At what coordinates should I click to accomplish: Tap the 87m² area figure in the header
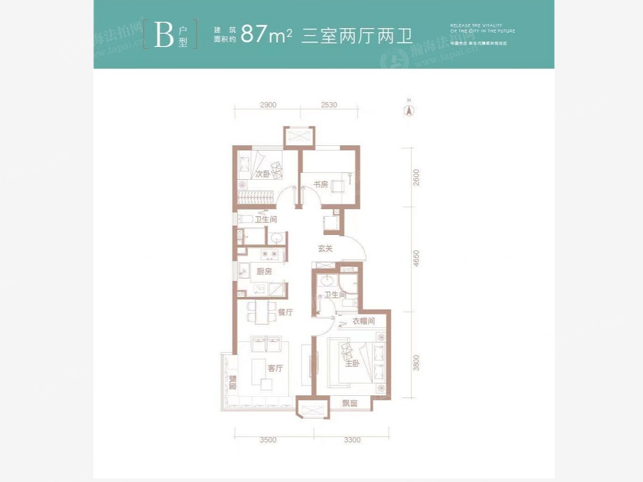(x=267, y=35)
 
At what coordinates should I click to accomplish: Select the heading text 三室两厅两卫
(x=357, y=35)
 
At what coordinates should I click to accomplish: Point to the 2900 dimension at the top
(x=268, y=105)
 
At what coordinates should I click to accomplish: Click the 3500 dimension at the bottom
(x=268, y=440)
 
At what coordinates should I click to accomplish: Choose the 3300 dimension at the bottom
(x=352, y=440)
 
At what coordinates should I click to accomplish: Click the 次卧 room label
(x=262, y=173)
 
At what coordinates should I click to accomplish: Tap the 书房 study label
(x=321, y=184)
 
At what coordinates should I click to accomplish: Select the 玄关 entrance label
(x=325, y=249)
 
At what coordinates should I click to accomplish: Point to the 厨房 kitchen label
(x=264, y=272)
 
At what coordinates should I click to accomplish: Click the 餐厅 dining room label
(x=286, y=313)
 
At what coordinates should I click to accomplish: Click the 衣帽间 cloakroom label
(x=364, y=321)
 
